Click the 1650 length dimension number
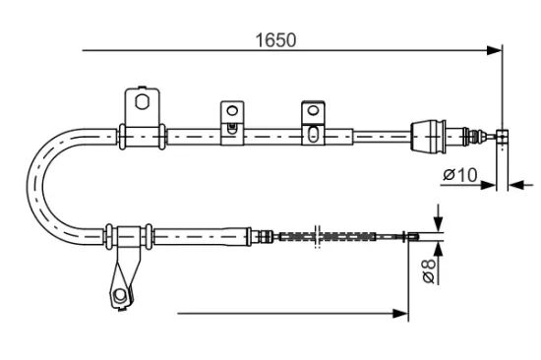[276, 40]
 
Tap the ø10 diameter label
[459, 175]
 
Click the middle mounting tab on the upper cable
[231, 116]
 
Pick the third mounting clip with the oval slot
[314, 120]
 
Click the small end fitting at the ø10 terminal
[501, 136]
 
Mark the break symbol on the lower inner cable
[317, 236]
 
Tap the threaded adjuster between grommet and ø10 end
[472, 136]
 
